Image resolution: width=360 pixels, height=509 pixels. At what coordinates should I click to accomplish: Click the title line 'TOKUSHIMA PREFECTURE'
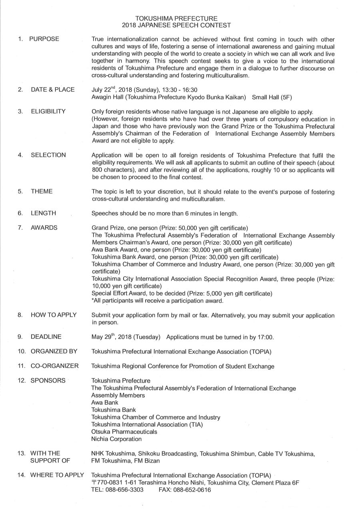click(176, 18)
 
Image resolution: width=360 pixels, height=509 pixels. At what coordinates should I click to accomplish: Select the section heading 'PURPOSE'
click(44, 39)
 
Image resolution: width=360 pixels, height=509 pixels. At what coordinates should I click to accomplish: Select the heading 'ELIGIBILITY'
click(48, 111)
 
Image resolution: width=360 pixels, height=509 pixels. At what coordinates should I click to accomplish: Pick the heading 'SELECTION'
click(48, 155)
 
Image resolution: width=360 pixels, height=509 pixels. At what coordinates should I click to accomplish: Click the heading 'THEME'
click(42, 191)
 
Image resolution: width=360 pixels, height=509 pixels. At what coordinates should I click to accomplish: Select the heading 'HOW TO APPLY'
click(53, 315)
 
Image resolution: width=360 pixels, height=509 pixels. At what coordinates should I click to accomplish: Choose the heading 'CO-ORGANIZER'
click(54, 366)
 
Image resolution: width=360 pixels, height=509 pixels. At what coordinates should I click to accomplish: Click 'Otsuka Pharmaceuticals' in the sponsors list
click(124, 431)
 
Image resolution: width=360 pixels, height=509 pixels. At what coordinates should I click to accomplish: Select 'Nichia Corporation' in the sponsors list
click(116, 439)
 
